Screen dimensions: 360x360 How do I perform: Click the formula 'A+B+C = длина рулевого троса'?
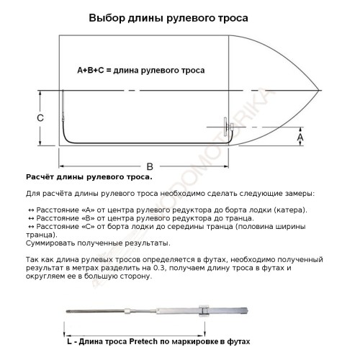141,71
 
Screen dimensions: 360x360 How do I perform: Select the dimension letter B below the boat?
148,164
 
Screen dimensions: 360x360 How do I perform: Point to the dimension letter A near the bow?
301,135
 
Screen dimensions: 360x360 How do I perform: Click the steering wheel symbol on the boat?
231,132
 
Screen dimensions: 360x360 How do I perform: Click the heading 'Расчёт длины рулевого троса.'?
89,176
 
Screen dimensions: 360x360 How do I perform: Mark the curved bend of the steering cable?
67,137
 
